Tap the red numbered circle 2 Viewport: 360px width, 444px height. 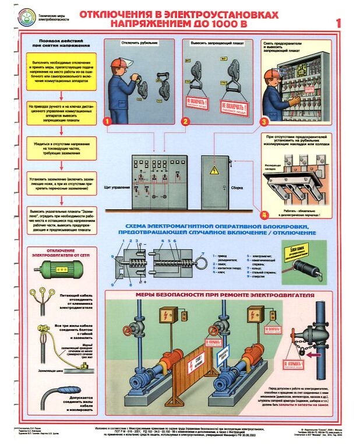coord(185,121)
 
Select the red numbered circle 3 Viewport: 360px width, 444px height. coord(264,122)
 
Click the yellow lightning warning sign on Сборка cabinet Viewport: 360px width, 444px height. coord(214,170)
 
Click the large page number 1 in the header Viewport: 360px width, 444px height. coord(339,23)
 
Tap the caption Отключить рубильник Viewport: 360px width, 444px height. coord(140,43)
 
